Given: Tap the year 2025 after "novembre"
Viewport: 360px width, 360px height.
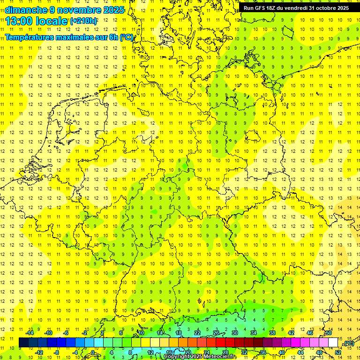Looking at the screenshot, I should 112,9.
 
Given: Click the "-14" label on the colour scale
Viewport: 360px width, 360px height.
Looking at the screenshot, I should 30,333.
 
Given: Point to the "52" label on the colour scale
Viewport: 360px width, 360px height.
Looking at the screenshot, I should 338,352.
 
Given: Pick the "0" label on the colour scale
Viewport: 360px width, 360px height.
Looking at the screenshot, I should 93,352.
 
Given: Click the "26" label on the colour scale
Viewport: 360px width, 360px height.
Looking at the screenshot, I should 216,333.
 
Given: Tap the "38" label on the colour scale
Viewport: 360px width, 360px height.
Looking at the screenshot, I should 272,333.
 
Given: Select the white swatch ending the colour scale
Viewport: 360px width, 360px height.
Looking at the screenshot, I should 333,343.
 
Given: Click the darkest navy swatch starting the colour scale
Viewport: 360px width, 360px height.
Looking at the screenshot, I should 23,343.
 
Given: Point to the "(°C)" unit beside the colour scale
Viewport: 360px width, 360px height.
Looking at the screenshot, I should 348,343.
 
